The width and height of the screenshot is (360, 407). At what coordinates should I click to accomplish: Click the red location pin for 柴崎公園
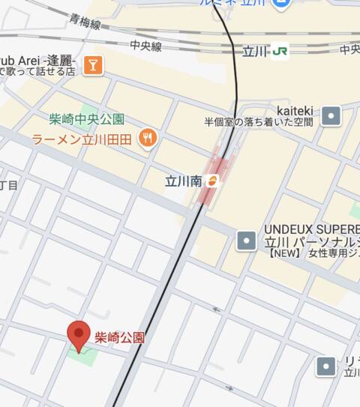[x=79, y=334]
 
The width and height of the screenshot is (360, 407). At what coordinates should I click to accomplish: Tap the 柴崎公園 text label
[x=119, y=337]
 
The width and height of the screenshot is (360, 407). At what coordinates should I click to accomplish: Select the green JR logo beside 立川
[x=280, y=52]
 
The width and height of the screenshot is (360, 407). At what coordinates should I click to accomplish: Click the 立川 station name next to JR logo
[x=255, y=52]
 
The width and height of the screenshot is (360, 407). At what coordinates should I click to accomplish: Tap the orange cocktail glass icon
[x=93, y=65]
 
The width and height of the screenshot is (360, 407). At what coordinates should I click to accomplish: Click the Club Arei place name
[x=37, y=59]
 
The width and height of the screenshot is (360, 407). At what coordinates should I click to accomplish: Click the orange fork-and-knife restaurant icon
[x=148, y=138]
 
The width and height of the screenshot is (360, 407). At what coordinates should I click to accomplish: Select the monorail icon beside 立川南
[x=213, y=180]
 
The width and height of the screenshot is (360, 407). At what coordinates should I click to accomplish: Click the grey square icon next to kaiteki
[x=331, y=115]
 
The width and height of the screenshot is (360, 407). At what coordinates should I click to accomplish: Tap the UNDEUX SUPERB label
[x=311, y=229]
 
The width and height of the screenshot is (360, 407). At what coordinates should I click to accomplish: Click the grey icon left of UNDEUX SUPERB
[x=246, y=240]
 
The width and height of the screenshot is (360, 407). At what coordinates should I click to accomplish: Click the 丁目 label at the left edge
[x=7, y=184]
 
